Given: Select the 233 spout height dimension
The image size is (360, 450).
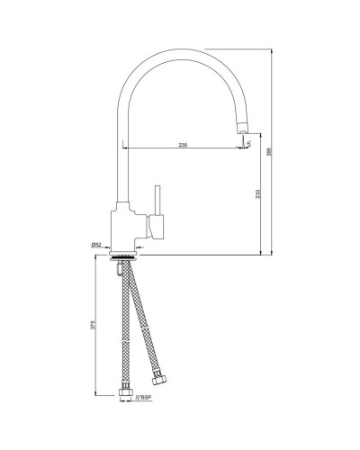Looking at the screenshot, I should coord(259,200).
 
